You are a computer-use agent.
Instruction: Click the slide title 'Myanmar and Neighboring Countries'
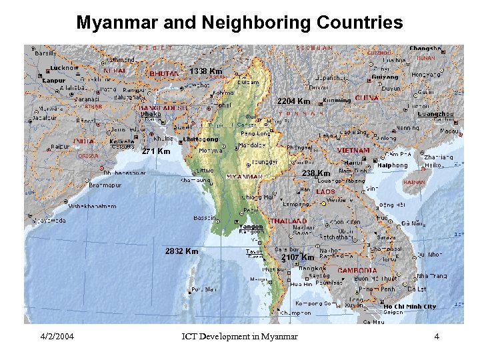pyautogui.click(x=239, y=23)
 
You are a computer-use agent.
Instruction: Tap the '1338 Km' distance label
pyautogui.click(x=205, y=71)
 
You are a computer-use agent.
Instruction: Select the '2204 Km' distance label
pyautogui.click(x=293, y=101)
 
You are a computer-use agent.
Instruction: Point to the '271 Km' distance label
pyautogui.click(x=156, y=151)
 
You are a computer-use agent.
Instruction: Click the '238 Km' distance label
pyautogui.click(x=316, y=173)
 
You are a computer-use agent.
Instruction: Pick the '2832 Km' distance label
pyautogui.click(x=181, y=251)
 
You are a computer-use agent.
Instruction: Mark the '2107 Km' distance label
pyautogui.click(x=297, y=257)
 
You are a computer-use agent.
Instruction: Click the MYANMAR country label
pyautogui.click(x=245, y=177)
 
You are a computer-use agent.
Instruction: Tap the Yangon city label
pyautogui.click(x=251, y=227)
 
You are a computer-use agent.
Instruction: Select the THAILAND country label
pyautogui.click(x=287, y=221)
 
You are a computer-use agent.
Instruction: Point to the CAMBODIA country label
pyautogui.click(x=357, y=271)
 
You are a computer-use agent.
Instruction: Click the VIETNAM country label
pyautogui.click(x=354, y=151)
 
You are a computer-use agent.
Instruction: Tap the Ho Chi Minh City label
pyautogui.click(x=410, y=307)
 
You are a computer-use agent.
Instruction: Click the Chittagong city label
pyautogui.click(x=200, y=139)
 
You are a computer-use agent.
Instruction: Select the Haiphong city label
pyautogui.click(x=393, y=165)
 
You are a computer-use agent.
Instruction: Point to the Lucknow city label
pyautogui.click(x=65, y=67)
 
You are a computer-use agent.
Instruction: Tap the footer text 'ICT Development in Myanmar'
pyautogui.click(x=239, y=336)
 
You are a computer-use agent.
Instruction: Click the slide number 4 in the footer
pyautogui.click(x=436, y=336)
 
